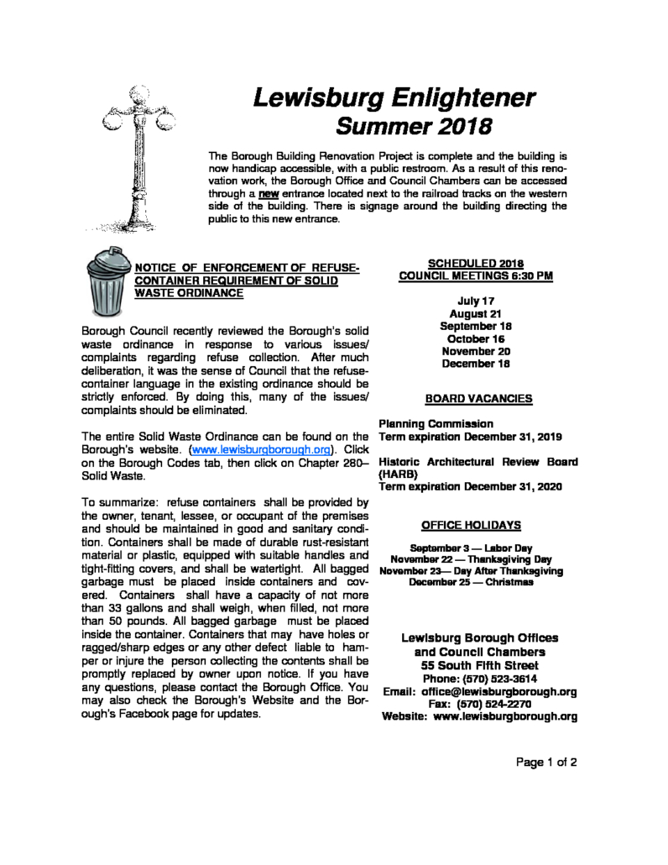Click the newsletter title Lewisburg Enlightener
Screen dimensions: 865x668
tap(394, 99)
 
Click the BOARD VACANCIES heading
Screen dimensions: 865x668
tap(478, 398)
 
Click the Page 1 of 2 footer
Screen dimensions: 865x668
tap(545, 763)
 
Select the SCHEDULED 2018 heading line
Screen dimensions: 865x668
tap(477, 262)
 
